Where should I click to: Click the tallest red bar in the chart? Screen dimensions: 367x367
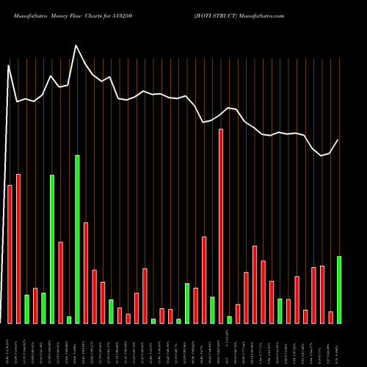click(221, 226)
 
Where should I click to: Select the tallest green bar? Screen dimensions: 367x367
click(77, 239)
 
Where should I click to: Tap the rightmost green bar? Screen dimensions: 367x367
click(339, 290)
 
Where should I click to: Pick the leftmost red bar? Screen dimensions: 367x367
click(10, 254)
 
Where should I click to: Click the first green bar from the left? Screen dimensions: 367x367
click(27, 309)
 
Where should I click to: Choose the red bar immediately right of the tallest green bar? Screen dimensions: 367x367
click(86, 272)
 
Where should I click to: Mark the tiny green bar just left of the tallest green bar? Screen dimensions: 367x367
click(69, 319)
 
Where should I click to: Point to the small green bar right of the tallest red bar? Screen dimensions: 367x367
click(230, 319)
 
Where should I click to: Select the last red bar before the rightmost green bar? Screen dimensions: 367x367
click(330, 317)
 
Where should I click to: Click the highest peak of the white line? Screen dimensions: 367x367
click(76, 46)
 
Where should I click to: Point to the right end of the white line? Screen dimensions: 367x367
click(338, 139)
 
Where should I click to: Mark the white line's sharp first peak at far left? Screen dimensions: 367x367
click(9, 65)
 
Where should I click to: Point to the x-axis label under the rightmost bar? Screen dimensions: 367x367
click(339, 344)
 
